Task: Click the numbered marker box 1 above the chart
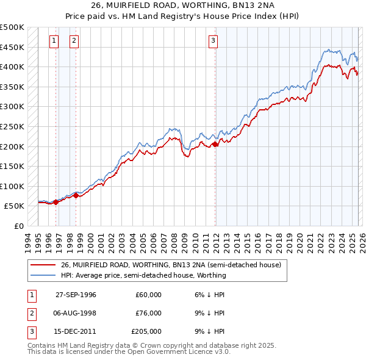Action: pyautogui.click(x=54, y=41)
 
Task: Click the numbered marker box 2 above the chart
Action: pyautogui.click(x=74, y=41)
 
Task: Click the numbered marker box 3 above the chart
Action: pyautogui.click(x=213, y=41)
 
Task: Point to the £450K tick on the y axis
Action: pyautogui.click(x=12, y=47)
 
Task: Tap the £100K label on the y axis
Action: pyautogui.click(x=12, y=186)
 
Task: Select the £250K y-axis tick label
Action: pyautogui.click(x=12, y=126)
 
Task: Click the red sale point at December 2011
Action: pyautogui.click(x=215, y=145)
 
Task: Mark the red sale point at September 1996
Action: pyautogui.click(x=56, y=202)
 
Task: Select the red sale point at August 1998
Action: pyautogui.click(x=76, y=195)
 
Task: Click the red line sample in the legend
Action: pyautogui.click(x=43, y=265)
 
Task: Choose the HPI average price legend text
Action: pyautogui.click(x=143, y=275)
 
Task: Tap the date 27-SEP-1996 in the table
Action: pyautogui.click(x=76, y=295)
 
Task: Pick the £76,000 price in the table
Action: pyautogui.click(x=148, y=313)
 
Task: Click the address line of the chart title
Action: pyautogui.click(x=182, y=7)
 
